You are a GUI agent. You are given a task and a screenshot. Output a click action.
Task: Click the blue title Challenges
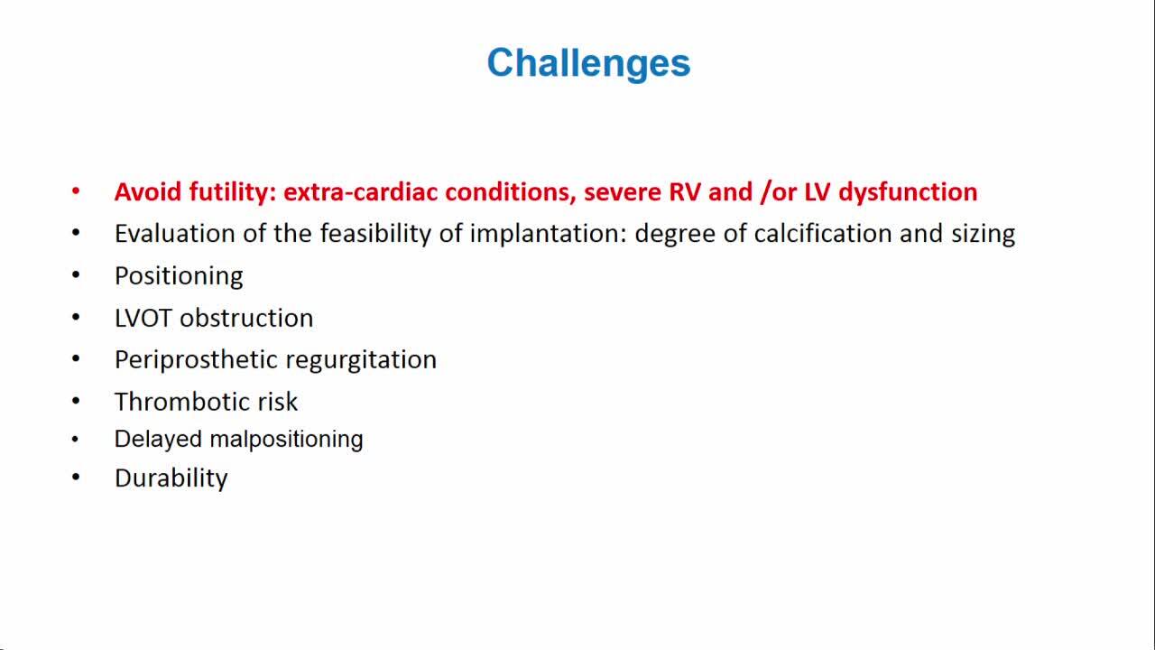(x=588, y=63)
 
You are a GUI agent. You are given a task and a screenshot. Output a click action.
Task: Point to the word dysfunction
(x=908, y=192)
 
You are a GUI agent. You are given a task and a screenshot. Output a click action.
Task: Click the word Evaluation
(x=175, y=233)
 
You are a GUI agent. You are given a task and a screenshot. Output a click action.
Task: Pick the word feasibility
(x=375, y=234)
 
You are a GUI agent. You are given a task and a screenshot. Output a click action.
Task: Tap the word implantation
(x=548, y=234)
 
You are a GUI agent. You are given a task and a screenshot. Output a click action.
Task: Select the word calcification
(x=823, y=233)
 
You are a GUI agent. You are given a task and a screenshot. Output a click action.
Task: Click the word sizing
(x=983, y=235)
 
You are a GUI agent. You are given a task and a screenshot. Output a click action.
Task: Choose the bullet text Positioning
(x=179, y=276)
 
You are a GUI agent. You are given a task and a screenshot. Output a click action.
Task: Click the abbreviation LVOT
(x=143, y=318)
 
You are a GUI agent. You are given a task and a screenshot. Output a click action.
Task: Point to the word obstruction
(x=246, y=318)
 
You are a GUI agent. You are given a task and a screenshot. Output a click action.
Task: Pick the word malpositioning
(x=286, y=440)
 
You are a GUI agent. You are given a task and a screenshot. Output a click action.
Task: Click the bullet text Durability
(x=171, y=478)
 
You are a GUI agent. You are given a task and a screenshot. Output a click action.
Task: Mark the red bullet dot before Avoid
(x=76, y=191)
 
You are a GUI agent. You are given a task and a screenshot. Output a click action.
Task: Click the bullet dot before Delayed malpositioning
(x=75, y=440)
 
